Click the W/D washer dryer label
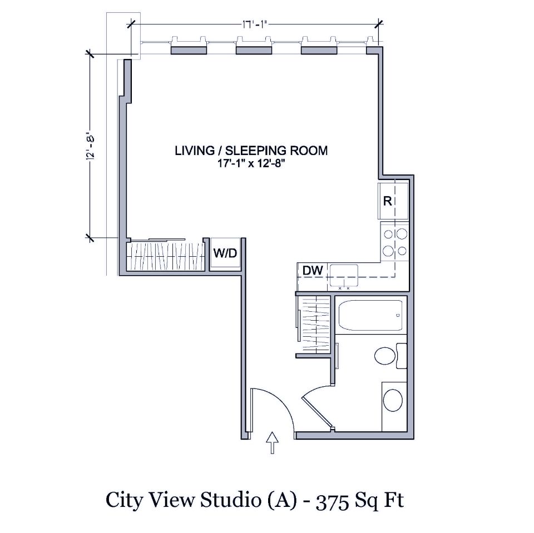(x=225, y=254)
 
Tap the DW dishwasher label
(x=313, y=271)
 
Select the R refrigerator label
(x=387, y=201)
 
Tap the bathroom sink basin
(x=393, y=400)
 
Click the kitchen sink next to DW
(x=344, y=272)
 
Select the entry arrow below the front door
(x=272, y=443)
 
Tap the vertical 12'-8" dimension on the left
(x=89, y=146)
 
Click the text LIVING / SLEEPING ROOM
(x=251, y=150)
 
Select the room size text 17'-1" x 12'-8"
(x=251, y=162)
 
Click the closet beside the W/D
(x=165, y=256)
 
